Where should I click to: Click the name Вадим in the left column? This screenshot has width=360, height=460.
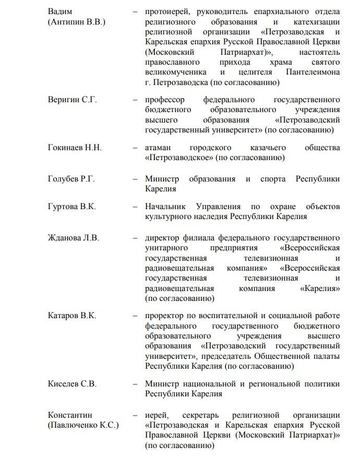pyautogui.click(x=60, y=11)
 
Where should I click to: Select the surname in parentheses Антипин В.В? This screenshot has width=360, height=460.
pyautogui.click(x=77, y=22)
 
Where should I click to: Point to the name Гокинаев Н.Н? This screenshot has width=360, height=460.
pyautogui.click(x=75, y=148)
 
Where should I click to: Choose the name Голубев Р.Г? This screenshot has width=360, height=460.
pyautogui.click(x=71, y=179)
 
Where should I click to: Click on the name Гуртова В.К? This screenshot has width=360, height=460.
pyautogui.click(x=71, y=207)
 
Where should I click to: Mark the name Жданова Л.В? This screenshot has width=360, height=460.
pyautogui.click(x=73, y=238)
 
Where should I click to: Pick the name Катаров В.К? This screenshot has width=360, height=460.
pyautogui.click(x=72, y=316)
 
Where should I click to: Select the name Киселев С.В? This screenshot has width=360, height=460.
pyautogui.click(x=72, y=384)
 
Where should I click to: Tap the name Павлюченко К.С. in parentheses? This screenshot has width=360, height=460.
pyautogui.click(x=83, y=426)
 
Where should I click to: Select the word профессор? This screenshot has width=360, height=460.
pyautogui.click(x=167, y=100)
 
